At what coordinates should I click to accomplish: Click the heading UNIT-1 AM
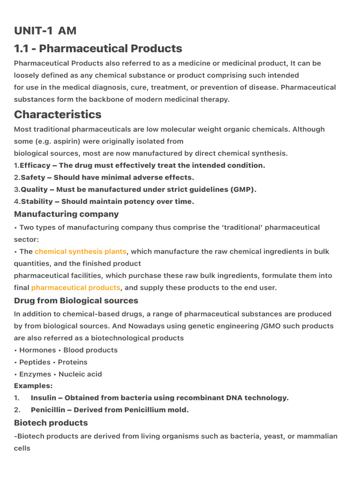click(45, 31)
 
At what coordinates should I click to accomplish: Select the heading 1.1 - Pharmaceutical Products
click(98, 48)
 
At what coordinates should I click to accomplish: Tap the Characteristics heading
click(58, 114)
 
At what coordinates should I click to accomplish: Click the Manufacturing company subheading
click(66, 214)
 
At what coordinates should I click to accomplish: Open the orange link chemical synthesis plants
click(81, 252)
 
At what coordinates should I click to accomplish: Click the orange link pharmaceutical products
click(75, 288)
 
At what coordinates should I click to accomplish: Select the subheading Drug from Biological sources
click(76, 300)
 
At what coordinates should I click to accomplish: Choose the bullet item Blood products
click(90, 350)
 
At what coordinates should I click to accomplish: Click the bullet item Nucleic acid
click(80, 374)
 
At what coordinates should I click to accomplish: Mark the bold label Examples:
click(33, 386)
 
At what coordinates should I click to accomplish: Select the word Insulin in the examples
click(43, 398)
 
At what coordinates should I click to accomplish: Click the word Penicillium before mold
click(144, 410)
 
